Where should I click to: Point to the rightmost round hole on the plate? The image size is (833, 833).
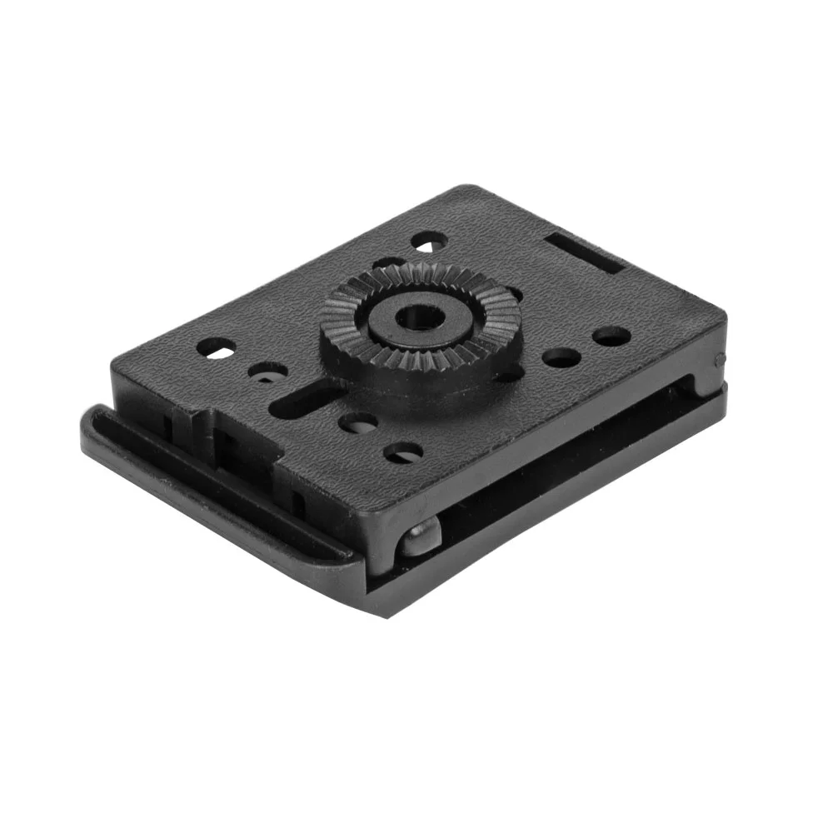click(x=611, y=337)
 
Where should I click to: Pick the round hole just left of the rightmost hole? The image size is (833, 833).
click(x=561, y=358)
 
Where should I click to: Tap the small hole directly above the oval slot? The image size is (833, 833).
click(x=269, y=372)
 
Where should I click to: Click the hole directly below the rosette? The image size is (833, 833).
click(x=358, y=423)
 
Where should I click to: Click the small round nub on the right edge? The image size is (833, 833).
click(x=719, y=360)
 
